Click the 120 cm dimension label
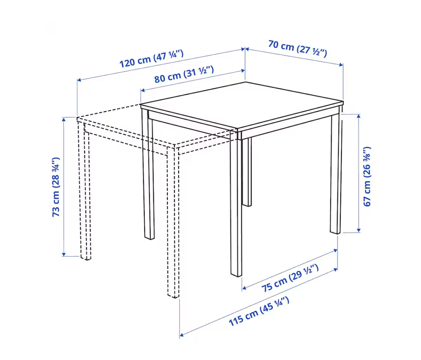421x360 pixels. pyautogui.click(x=151, y=59)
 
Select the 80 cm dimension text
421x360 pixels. pyautogui.click(x=184, y=74)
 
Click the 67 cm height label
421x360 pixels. pyautogui.click(x=367, y=177)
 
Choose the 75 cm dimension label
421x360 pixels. pyautogui.click(x=290, y=278)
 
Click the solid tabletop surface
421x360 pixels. pyautogui.click(x=242, y=106)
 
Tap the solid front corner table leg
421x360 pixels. pyautogui.click(x=236, y=204)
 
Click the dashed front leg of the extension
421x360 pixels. pyautogui.click(x=173, y=222)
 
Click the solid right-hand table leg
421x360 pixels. pyautogui.click(x=336, y=173)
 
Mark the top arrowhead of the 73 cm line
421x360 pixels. pyautogui.click(x=64, y=120)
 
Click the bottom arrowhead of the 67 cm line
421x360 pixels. pyautogui.click(x=359, y=230)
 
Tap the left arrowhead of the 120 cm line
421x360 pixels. pyautogui.click(x=79, y=80)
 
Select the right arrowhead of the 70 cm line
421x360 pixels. pyautogui.click(x=341, y=65)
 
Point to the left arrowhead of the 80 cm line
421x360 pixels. pyautogui.click(x=143, y=90)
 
